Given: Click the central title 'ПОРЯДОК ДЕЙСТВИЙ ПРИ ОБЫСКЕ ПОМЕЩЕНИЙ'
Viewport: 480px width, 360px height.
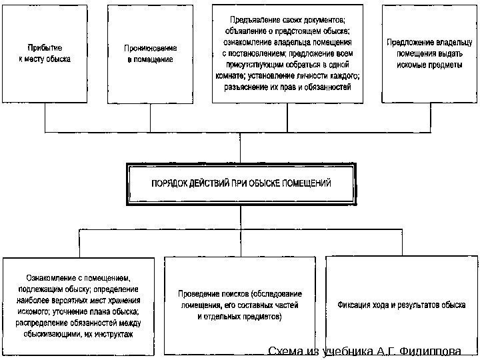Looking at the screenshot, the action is point(241,183).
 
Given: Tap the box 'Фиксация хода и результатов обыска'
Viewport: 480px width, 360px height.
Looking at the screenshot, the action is point(401,304).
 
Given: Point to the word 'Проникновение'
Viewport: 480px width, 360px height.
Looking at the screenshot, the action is point(150,48).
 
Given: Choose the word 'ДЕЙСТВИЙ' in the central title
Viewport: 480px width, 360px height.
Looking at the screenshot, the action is point(209,183).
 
